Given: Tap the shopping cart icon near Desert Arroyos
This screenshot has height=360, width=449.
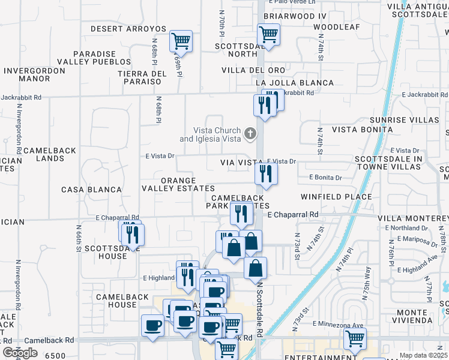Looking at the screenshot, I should pos(181,41).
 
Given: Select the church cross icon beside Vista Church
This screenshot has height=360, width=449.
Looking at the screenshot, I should pos(250,132).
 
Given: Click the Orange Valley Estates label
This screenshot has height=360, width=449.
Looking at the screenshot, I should pos(178,184).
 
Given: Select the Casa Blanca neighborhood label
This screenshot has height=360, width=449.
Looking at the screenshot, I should pos(92,190).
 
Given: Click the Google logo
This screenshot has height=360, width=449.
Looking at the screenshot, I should pos(20,353).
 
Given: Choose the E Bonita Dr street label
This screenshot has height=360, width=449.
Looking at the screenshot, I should pos(325,178).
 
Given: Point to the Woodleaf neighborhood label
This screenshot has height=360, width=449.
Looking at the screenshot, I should pos(336,28).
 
